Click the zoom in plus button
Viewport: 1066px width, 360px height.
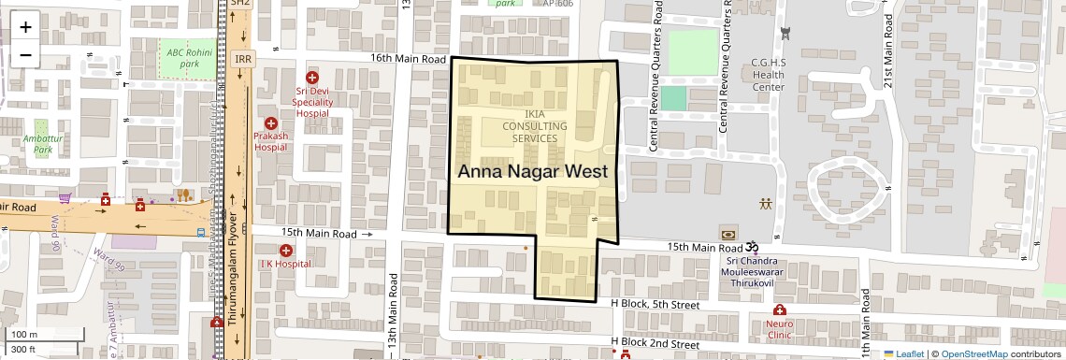[x=25, y=26]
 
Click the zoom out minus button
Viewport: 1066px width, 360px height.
[x=25, y=54]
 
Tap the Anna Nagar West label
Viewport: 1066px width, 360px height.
[x=533, y=171]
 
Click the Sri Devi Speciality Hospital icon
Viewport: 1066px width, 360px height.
[x=312, y=79]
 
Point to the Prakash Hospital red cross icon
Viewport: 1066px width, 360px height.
[x=270, y=122]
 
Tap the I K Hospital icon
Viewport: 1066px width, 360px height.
[x=286, y=250]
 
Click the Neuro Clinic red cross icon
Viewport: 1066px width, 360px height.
[x=779, y=310]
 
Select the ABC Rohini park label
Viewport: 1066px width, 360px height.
[x=183, y=57]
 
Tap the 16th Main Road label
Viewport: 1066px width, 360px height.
[x=408, y=58]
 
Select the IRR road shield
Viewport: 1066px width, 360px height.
[x=243, y=58]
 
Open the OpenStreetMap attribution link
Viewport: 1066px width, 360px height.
[x=974, y=353]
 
